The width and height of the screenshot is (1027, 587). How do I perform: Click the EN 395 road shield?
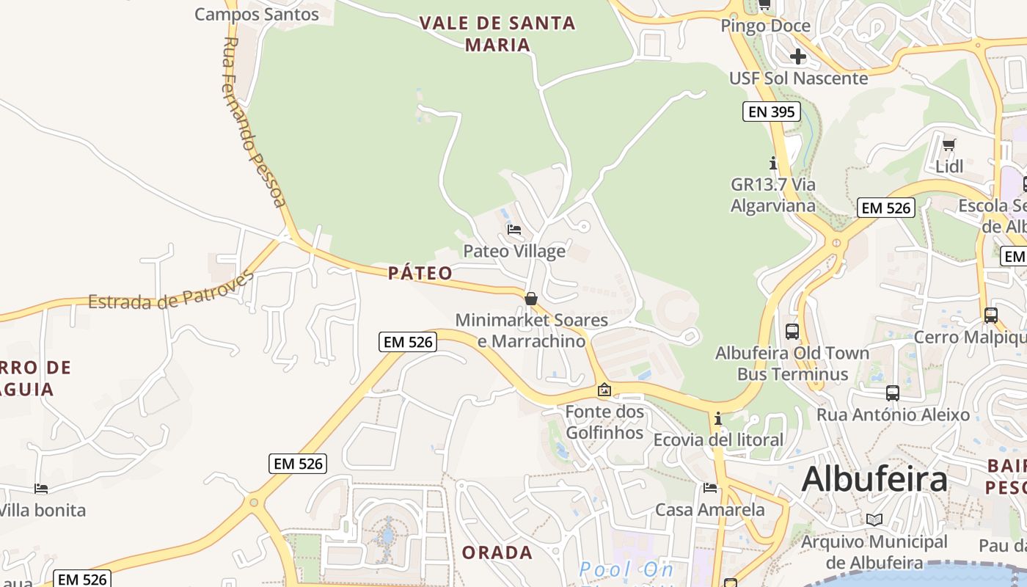coord(770,112)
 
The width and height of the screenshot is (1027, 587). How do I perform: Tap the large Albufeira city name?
coord(874,480)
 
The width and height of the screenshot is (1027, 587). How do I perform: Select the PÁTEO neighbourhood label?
coord(420,274)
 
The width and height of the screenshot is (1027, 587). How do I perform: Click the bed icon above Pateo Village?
coord(514,230)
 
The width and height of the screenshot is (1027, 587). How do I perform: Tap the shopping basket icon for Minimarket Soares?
coord(531,299)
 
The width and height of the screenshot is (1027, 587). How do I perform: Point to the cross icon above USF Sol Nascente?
coord(798,56)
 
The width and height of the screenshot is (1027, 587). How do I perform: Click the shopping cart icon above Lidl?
coord(949,145)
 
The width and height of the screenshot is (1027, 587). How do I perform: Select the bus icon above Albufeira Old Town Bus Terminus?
coord(792,331)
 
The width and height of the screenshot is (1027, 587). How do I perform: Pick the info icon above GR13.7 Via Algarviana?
coord(772,163)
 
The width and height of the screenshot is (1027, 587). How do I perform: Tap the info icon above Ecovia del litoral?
coord(718,419)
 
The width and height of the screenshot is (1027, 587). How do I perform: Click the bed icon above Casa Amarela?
coord(709,488)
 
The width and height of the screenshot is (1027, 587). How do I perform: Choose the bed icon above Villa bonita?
coord(41,489)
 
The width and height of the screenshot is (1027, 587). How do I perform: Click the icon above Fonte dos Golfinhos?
coord(604,390)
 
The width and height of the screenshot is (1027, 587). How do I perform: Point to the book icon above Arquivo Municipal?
coord(874,519)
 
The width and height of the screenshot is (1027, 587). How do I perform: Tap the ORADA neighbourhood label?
coord(497,553)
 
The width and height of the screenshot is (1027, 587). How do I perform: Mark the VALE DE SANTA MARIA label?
coord(498,34)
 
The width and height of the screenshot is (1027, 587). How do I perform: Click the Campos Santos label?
coord(257,14)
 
